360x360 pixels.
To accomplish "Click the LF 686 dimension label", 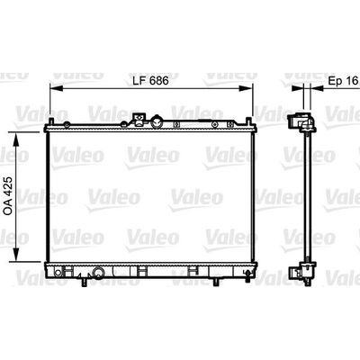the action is point(150,80).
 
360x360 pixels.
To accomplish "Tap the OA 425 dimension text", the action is point(8,195).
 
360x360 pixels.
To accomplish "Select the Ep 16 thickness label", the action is point(343,80).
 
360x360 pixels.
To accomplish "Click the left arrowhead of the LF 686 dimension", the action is point(56,88).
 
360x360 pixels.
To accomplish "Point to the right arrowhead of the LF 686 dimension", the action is point(247,88).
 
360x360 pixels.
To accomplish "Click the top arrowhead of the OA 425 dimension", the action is point(16,139).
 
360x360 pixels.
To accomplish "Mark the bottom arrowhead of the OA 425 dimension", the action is point(16,255).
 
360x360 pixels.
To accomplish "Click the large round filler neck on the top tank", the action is point(157,121).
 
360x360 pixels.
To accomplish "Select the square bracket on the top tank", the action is point(139,119).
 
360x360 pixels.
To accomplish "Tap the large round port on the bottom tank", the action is point(98,272).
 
